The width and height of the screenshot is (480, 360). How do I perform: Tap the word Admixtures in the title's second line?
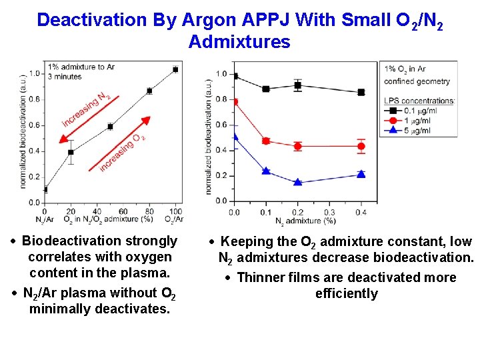[x=239, y=43]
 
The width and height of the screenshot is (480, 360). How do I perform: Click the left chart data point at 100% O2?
[x=175, y=69]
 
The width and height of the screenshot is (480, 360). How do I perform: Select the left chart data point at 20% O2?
[x=71, y=152]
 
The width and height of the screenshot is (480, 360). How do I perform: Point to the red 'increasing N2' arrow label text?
[x=86, y=110]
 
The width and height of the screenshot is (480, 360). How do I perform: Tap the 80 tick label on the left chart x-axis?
[x=149, y=211]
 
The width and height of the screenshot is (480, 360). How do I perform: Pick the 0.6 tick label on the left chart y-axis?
[x=34, y=125]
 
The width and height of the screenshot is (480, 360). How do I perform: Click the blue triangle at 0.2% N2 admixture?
[x=297, y=182]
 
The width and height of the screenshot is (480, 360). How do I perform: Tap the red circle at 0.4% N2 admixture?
[x=361, y=146]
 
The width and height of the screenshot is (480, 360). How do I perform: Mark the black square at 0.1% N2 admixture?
[x=266, y=89]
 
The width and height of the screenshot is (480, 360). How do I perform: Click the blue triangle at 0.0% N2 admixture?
[x=235, y=137]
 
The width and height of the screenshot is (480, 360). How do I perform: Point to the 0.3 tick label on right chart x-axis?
[x=329, y=212]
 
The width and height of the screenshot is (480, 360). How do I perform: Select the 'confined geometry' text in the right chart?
[x=417, y=81]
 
